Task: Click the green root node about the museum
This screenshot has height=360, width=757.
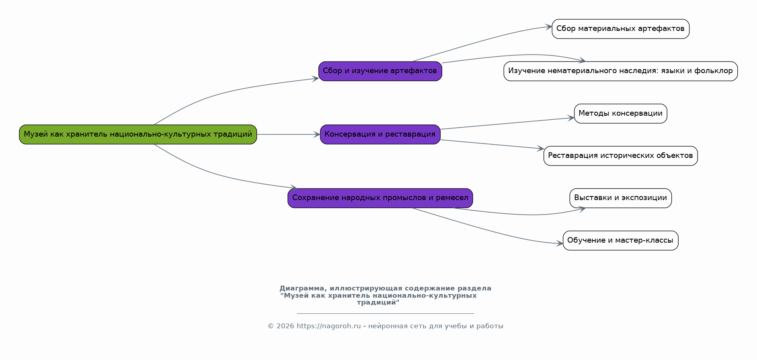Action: coord(138,134)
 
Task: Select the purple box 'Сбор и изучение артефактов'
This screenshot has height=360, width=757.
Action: coord(380,71)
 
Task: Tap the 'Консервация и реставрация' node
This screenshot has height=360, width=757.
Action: coord(380,134)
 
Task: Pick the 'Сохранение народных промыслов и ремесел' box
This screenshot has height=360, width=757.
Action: coord(380,198)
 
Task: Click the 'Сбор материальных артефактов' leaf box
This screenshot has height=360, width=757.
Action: coord(621,29)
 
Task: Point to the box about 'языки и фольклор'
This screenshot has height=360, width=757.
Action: coord(621,71)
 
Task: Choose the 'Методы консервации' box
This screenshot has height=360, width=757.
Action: coord(621,113)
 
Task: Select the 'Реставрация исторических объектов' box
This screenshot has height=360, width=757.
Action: coord(621,156)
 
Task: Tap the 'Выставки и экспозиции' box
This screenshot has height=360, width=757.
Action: coord(621,198)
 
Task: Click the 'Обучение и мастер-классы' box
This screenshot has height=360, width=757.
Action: coord(621,240)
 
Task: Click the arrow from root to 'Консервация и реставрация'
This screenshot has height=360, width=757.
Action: coord(289,134)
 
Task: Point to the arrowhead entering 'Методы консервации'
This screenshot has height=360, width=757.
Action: coord(571,118)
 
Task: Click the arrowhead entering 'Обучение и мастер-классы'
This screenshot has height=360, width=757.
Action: coord(560,243)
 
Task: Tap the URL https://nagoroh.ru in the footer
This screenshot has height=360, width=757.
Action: coord(328,326)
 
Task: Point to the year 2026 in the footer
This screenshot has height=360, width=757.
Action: coord(285,326)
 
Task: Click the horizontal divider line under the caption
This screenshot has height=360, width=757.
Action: coord(386,313)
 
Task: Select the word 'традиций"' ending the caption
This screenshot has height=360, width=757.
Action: coord(378,303)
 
